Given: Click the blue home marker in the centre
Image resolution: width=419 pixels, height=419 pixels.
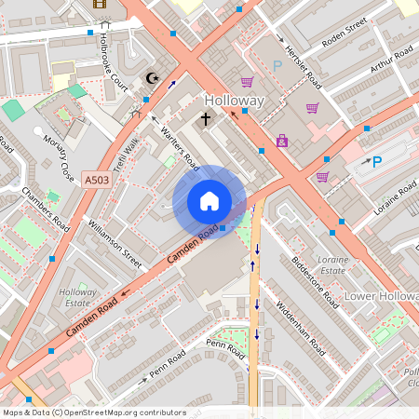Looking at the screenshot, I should pos(209,201).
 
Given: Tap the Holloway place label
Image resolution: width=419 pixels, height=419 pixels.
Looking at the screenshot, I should pos(235,100).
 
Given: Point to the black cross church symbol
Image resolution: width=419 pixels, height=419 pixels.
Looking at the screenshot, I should pos(206,119).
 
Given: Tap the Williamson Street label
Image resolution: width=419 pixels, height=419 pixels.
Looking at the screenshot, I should pos(114,244).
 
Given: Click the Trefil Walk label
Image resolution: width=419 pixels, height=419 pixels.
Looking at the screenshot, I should pos(126,153).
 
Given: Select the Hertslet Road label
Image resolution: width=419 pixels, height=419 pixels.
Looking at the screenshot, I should pos(303,64).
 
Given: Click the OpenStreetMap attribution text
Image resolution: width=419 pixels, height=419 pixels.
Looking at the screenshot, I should pos(93,412).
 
